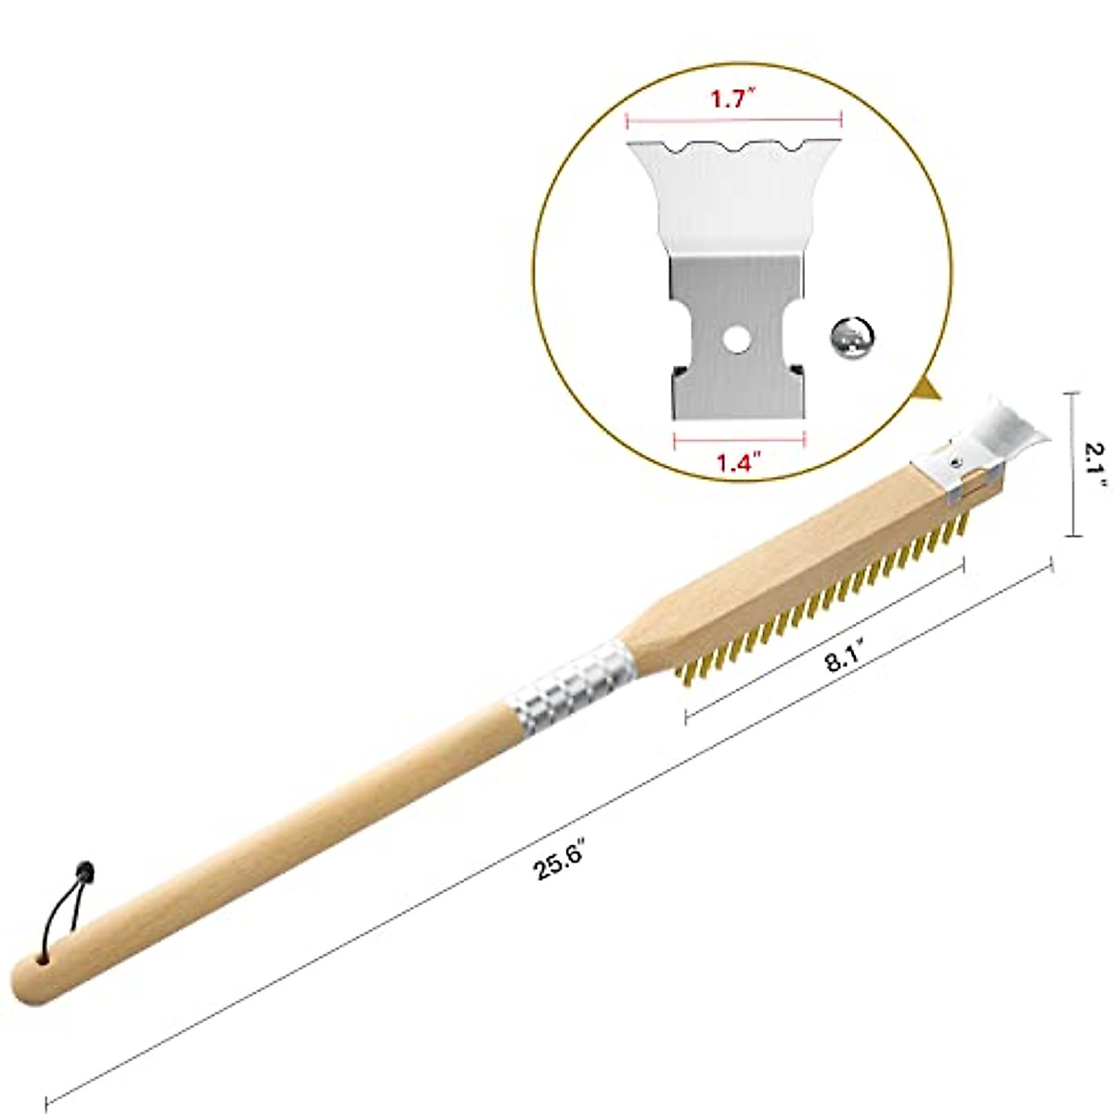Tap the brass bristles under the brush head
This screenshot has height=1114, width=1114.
[835, 595]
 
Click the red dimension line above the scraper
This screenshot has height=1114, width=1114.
[733, 119]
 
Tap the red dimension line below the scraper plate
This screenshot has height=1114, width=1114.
[738, 434]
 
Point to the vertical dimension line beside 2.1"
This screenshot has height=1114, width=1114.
[1074, 464]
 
